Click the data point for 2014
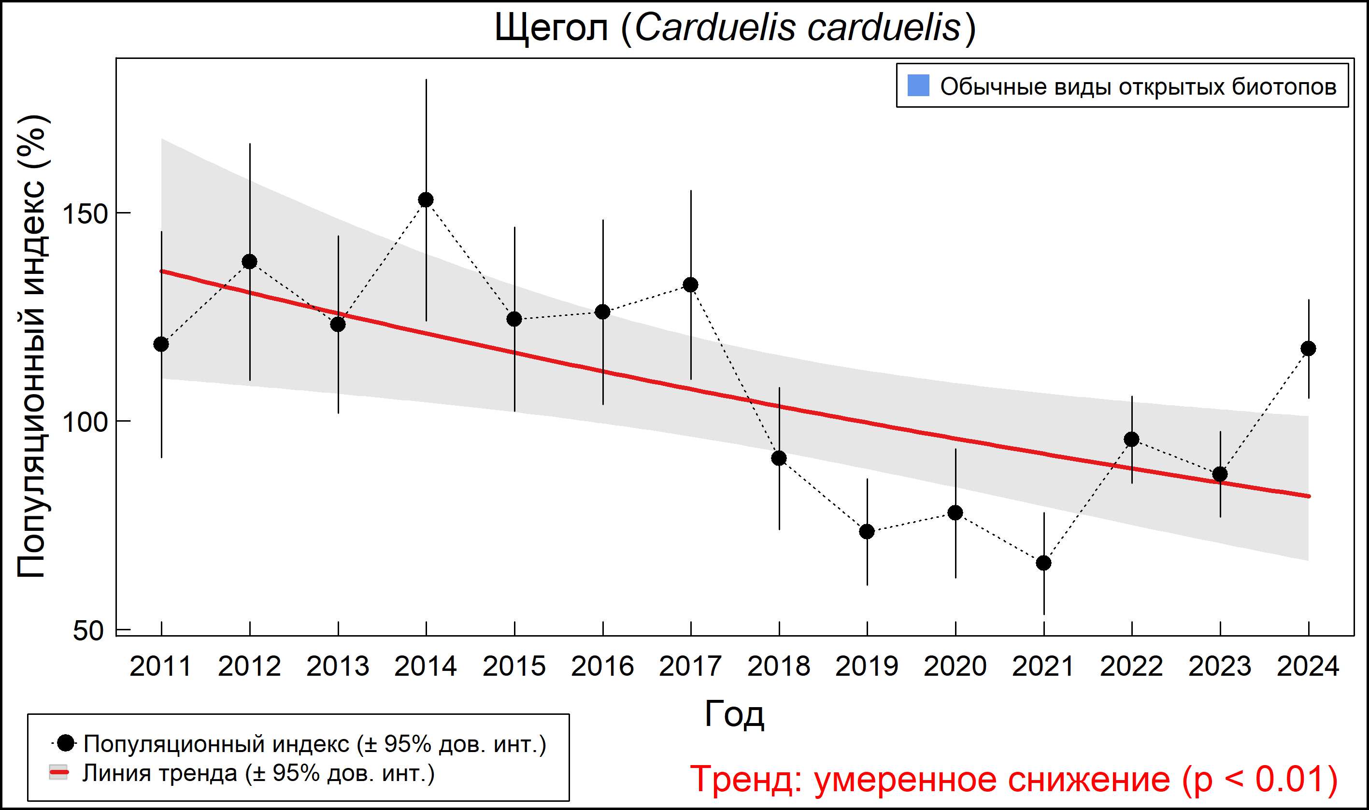click(x=426, y=200)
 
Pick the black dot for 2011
click(x=161, y=344)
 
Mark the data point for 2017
click(x=690, y=284)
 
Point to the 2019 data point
click(x=867, y=531)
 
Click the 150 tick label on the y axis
click(x=85, y=213)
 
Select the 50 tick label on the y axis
click(x=88, y=631)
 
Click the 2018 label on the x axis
click(x=778, y=667)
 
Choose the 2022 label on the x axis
click(x=1131, y=667)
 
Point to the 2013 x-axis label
click(x=337, y=667)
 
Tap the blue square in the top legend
click(x=918, y=85)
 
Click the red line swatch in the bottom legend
click(x=59, y=773)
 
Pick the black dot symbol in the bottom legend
click(x=66, y=743)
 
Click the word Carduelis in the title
click(x=715, y=28)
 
